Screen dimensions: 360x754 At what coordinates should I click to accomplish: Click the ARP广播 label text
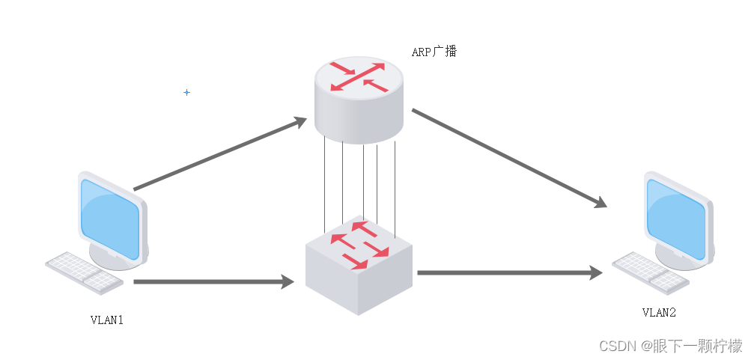[434, 52]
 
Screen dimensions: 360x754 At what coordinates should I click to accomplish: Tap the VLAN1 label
[106, 320]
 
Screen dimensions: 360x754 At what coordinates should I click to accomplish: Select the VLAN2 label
[658, 312]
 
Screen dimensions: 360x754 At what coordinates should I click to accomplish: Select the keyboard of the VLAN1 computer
[84, 272]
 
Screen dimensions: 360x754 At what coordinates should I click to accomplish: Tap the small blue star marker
[186, 92]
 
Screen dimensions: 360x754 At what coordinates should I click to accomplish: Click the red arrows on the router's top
[359, 77]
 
